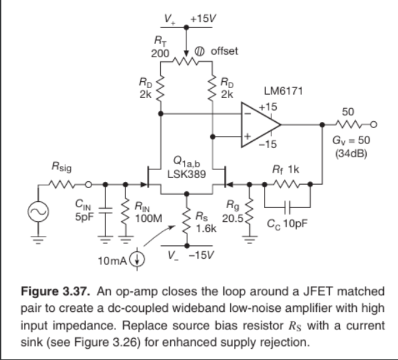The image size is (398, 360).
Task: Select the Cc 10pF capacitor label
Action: coord(289,222)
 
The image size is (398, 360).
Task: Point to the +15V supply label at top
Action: coord(200,18)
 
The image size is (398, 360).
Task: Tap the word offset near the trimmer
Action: coord(224,51)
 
